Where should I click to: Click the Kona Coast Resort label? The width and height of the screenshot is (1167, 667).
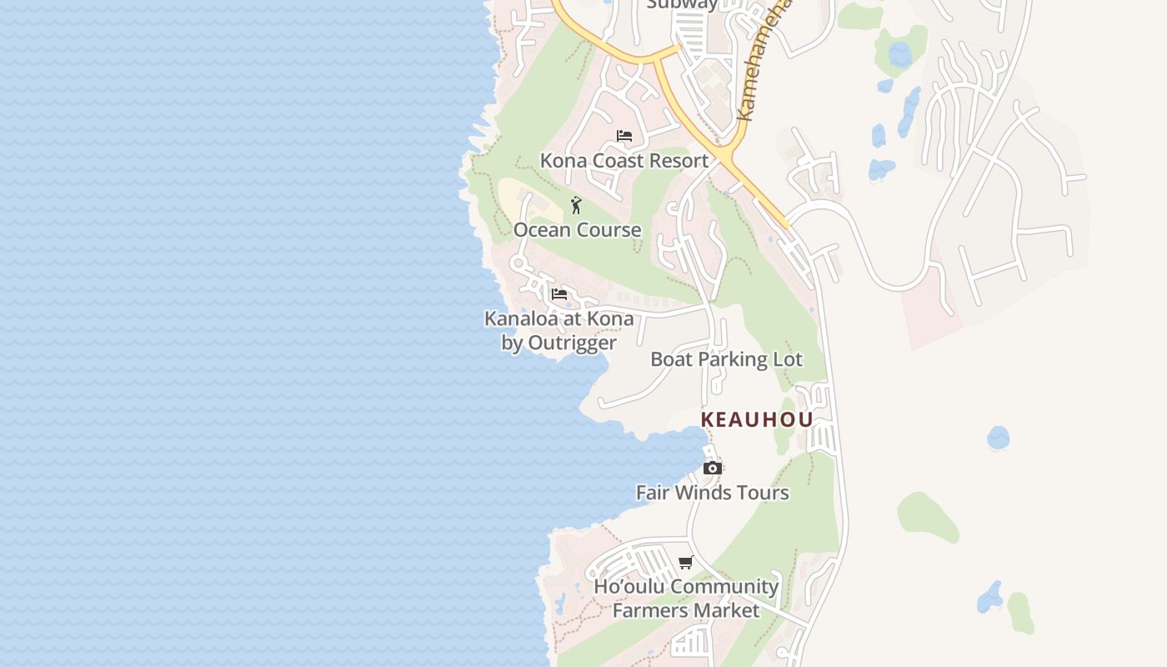click(624, 160)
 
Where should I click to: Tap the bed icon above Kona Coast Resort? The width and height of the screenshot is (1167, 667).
click(624, 136)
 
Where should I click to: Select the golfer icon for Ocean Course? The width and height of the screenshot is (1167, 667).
click(576, 204)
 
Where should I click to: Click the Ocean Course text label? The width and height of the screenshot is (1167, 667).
click(577, 229)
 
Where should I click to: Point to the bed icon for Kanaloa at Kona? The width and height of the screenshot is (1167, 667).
click(559, 294)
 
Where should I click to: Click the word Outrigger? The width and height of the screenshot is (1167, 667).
click(572, 343)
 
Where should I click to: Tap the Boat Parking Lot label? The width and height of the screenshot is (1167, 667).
click(726, 359)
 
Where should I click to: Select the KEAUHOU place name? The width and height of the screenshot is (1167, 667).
click(756, 419)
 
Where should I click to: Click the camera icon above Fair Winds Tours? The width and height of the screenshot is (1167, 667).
click(712, 468)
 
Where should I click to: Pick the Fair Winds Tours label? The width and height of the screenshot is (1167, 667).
click(712, 492)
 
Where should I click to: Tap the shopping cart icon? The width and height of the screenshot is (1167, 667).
click(686, 562)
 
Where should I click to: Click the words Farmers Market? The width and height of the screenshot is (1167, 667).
click(686, 610)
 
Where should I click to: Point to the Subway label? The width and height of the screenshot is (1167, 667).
click(682, 4)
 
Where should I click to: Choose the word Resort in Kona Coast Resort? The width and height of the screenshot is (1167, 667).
click(679, 160)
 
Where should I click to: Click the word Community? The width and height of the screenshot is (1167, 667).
click(724, 586)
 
